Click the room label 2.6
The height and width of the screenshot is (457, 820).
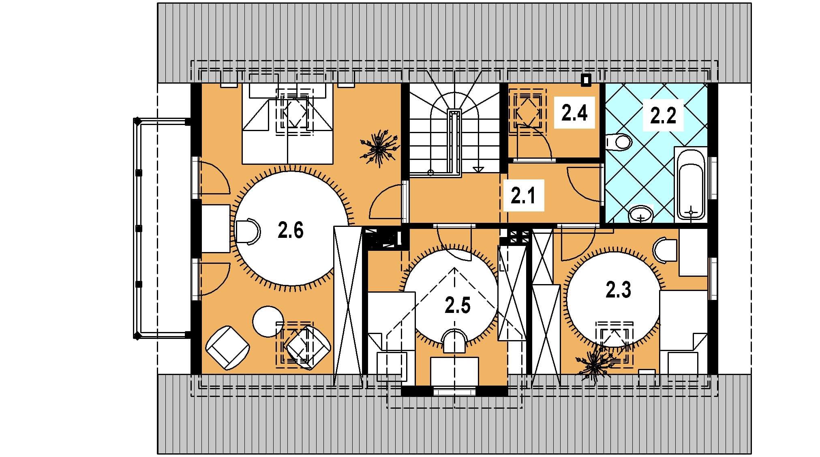pos(291,231)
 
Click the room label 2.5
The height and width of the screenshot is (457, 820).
pos(458,305)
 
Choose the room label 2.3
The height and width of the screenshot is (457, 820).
pos(618,290)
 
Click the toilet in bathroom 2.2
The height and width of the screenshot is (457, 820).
pos(619,142)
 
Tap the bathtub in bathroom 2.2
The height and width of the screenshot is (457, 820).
pos(691,183)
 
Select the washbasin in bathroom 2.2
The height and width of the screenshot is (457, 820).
pos(641,213)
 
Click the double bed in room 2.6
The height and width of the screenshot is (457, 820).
pos(287,124)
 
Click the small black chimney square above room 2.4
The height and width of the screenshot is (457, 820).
pos(586,80)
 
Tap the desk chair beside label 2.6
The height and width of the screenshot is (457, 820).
pos(247,231)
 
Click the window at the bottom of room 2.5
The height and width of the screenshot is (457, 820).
pos(454,392)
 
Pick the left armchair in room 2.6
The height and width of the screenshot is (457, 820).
pos(227,347)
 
